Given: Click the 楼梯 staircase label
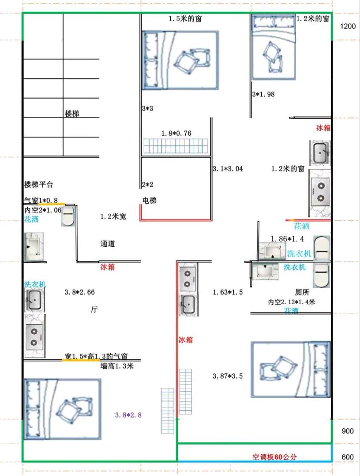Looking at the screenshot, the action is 72,114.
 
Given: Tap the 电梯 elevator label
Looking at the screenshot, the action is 150,201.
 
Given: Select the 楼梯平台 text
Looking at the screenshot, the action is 38,184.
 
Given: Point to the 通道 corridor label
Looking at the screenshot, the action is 108,243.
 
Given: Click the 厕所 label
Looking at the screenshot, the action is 302,292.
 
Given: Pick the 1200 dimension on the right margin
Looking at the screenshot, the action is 348,26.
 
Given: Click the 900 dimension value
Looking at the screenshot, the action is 348,431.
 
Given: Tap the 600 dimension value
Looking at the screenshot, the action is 348,457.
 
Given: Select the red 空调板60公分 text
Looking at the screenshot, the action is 275,457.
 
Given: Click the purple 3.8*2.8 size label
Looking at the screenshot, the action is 128,415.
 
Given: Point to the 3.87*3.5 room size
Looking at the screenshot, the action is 228,376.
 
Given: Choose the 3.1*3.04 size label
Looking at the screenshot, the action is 228,169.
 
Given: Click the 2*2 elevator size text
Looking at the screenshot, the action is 148,185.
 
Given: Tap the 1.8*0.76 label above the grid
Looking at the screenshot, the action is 176,133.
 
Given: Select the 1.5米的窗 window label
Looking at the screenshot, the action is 185,19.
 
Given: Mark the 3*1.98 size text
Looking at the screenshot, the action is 263,94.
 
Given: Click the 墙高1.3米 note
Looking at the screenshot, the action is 117,366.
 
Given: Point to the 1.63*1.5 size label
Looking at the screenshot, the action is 228,292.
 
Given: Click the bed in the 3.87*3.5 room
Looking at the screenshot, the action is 291,369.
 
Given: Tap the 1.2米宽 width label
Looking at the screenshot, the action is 113,216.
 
